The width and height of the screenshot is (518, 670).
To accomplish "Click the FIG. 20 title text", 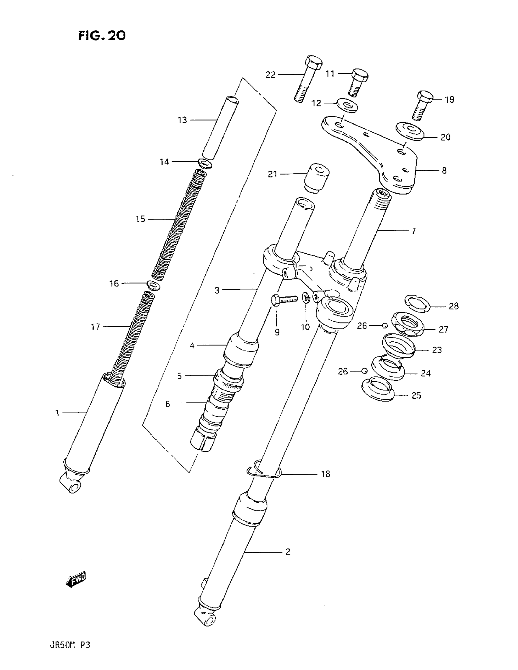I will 102,36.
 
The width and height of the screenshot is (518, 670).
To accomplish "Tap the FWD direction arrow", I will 76,579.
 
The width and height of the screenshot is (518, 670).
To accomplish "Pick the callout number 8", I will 444,171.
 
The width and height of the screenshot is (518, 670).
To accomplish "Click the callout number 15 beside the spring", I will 140,219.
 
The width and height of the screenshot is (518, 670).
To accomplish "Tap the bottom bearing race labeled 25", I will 378,389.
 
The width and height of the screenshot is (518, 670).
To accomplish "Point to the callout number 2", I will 288,552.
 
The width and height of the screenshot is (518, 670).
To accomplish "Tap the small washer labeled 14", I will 204,163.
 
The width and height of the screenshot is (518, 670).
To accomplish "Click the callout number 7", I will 413,231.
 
